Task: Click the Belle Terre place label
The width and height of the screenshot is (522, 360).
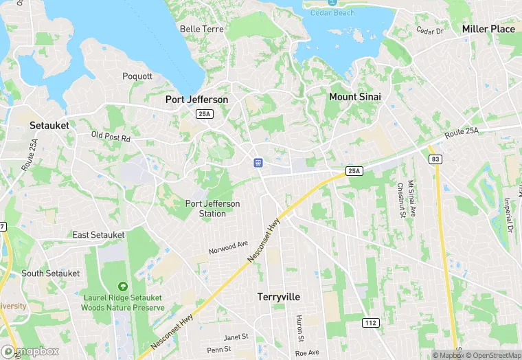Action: pos(198,29)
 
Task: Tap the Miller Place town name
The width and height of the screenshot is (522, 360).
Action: pos(488,29)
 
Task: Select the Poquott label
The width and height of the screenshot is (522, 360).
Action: pos(137,76)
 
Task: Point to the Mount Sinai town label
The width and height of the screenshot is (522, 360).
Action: pos(354,97)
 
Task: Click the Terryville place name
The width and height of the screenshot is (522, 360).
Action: pos(279,297)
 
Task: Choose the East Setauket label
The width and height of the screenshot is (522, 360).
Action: pos(99,235)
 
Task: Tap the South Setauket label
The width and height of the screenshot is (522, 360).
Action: pos(51,273)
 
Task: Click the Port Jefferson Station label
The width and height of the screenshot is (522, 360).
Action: pos(213,208)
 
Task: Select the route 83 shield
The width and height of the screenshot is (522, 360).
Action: pos(435,159)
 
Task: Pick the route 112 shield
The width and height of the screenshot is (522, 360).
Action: pos(370,322)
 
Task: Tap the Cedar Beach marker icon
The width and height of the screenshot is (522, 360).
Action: pos(332,3)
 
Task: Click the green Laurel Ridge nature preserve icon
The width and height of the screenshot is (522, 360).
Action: pos(123,286)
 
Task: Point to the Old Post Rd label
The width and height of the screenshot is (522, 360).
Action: pos(111,137)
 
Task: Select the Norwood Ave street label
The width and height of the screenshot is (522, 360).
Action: pos(229,248)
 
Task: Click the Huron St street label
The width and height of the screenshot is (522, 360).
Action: pos(299,328)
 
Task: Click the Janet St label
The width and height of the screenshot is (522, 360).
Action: pos(236,337)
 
